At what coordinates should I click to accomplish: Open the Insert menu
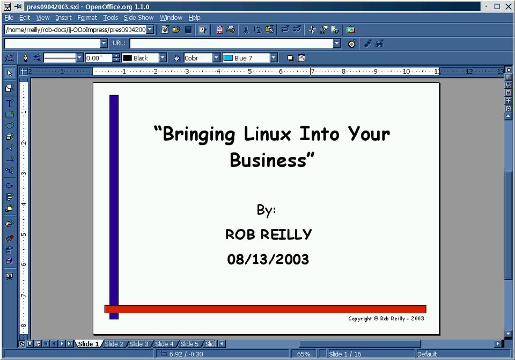[x=63, y=18]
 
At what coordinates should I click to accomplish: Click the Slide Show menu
[x=138, y=18]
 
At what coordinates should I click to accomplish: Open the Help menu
[x=194, y=18]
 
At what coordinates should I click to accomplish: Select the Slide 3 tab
[x=138, y=344]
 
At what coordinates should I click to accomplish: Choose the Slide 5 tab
[x=189, y=344]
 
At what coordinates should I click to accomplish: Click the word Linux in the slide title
[x=267, y=134]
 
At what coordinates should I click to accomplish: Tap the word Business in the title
[x=268, y=161]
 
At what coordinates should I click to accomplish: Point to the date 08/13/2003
[x=268, y=260]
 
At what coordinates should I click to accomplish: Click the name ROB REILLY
[x=268, y=234]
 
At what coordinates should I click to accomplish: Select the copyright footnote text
[x=386, y=319]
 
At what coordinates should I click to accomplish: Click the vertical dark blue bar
[x=114, y=207]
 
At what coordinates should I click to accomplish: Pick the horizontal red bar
[x=266, y=309]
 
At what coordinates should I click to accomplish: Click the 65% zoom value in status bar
[x=304, y=354]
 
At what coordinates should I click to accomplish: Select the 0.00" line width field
[x=99, y=58]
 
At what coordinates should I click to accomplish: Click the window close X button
[x=509, y=6]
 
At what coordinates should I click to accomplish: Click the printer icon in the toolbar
[x=231, y=30]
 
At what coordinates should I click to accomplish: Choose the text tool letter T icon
[x=10, y=103]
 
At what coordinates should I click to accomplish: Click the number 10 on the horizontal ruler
[x=406, y=71]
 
